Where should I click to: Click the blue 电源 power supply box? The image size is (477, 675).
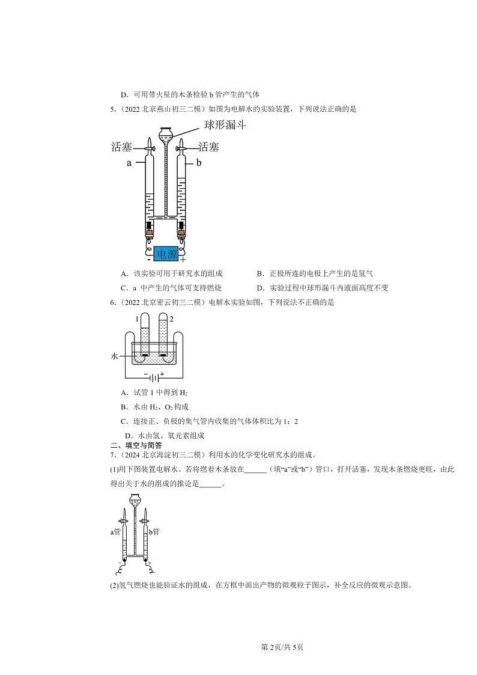[167, 254]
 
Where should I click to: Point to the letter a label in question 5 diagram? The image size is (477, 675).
[129, 163]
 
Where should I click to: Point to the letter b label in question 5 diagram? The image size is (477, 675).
[199, 163]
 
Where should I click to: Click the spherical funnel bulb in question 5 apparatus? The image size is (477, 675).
[166, 132]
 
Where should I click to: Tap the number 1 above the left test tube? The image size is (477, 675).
[137, 319]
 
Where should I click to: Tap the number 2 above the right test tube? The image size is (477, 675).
[172, 319]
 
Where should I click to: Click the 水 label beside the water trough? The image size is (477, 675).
[115, 356]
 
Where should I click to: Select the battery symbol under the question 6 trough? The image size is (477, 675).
[154, 377]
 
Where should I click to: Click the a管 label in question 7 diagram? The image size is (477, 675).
[115, 531]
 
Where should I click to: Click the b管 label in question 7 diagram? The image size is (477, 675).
[154, 531]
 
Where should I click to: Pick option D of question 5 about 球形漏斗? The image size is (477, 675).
[322, 287]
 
